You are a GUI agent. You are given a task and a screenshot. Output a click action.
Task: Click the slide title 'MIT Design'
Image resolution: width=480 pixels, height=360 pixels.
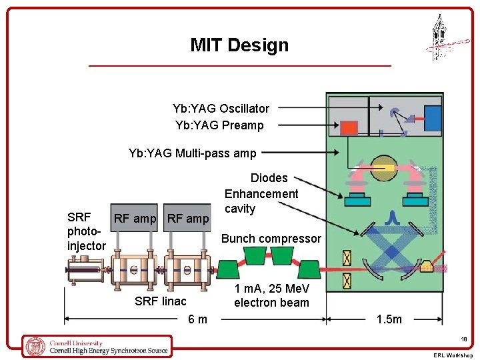pyautogui.click(x=239, y=45)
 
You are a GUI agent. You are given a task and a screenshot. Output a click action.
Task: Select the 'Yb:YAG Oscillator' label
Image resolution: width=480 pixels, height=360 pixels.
pyautogui.click(x=221, y=108)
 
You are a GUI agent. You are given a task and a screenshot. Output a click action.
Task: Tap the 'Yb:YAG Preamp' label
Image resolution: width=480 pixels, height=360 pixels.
pyautogui.click(x=219, y=125)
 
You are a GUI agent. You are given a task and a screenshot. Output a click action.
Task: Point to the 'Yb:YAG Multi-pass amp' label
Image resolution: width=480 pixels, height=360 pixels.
pyautogui.click(x=192, y=153)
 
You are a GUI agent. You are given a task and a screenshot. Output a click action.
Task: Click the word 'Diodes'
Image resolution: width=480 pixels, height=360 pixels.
pyautogui.click(x=269, y=178)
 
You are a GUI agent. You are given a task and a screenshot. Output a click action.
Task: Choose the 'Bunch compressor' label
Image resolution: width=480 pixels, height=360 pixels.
pyautogui.click(x=271, y=239)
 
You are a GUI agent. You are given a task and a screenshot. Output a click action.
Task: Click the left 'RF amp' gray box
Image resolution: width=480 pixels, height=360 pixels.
pyautogui.click(x=135, y=218)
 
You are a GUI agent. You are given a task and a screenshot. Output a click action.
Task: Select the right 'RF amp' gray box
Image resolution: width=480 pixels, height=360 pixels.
pyautogui.click(x=188, y=218)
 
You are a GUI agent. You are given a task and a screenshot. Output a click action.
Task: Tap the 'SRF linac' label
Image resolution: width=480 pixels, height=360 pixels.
pyautogui.click(x=160, y=301)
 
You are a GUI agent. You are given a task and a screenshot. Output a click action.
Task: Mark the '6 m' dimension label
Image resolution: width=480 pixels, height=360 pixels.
pyautogui.click(x=197, y=319)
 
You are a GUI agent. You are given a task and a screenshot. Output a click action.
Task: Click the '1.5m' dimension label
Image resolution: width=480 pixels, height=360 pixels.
pyautogui.click(x=389, y=319)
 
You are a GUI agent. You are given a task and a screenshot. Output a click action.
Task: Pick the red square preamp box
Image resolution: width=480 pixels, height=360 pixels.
pyautogui.click(x=349, y=127)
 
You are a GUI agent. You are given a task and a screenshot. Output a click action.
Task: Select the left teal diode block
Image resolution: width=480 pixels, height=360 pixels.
pyautogui.click(x=358, y=200)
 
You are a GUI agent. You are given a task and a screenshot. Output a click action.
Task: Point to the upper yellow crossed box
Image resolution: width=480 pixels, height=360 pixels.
pyautogui.click(x=346, y=257)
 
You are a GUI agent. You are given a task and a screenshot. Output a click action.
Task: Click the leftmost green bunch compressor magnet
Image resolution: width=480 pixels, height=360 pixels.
pyautogui.click(x=229, y=269)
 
